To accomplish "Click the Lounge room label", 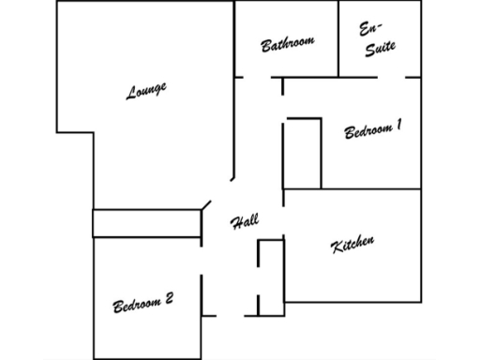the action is tap(146, 91).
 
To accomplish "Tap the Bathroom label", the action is tap(287, 43).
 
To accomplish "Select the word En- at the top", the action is tap(370, 29).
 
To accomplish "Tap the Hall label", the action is tap(244, 222).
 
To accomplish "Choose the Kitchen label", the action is tap(353, 245).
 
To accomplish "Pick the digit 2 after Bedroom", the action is tap(169, 299).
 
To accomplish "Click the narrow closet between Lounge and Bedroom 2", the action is tap(147, 223).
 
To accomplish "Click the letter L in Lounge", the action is tap(131, 95).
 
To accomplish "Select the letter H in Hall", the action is tap(235, 224).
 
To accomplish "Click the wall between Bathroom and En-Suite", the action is tap(337, 37).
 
